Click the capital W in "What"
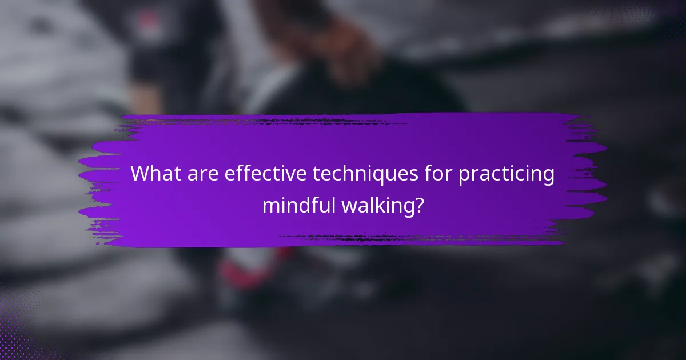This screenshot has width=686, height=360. [141, 174]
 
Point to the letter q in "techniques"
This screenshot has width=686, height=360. [377, 177]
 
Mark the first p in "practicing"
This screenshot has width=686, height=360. [464, 177]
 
